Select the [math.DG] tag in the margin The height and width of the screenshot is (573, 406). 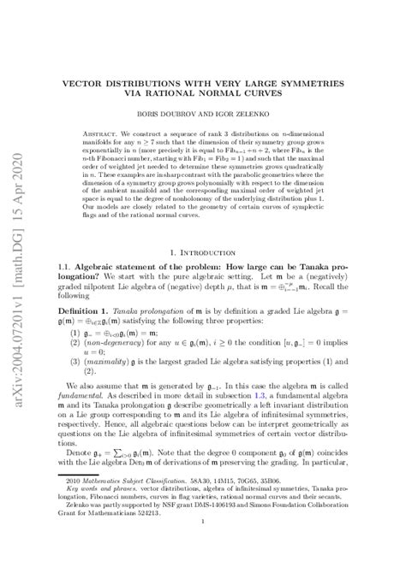tap(18, 163)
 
